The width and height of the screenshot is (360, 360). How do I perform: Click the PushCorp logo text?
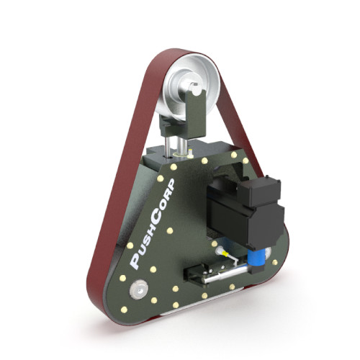153,224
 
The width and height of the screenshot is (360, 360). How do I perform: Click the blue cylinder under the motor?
257,258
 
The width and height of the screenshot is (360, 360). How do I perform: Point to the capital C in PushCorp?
156,217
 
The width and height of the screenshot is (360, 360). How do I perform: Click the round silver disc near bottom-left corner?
139,289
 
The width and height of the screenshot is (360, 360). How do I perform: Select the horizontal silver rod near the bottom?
225,275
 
